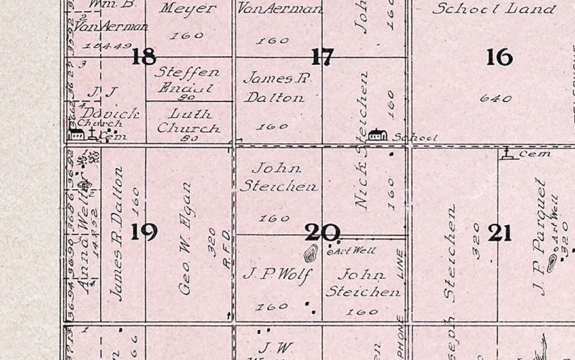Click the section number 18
[x=143, y=57]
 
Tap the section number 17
[x=322, y=58]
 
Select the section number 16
[x=499, y=58]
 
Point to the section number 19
[x=143, y=232]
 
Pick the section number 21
[x=499, y=232]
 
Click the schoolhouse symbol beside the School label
[x=377, y=135]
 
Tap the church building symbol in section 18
[x=77, y=134]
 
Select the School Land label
[x=494, y=9]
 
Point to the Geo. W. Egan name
[x=185, y=239]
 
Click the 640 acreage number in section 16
[x=495, y=99]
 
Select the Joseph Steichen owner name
[x=451, y=255]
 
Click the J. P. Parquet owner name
[x=539, y=236]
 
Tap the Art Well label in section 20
[x=346, y=250]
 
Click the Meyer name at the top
[x=187, y=9]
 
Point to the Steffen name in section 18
[x=187, y=72]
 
